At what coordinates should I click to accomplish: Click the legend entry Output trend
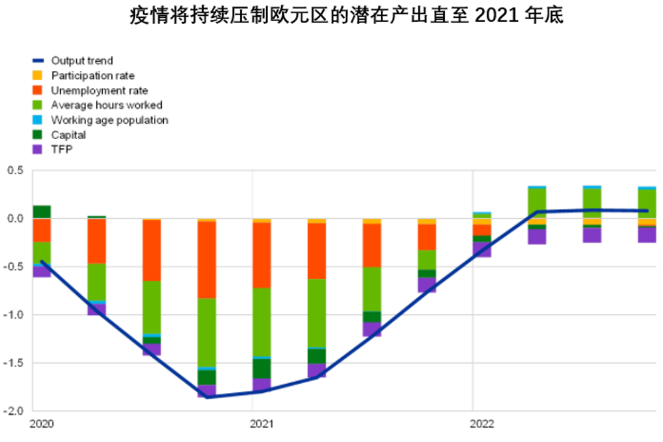tap(82, 61)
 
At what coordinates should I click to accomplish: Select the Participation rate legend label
tap(93, 76)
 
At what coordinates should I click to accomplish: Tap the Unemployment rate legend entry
tap(99, 91)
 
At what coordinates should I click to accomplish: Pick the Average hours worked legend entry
tap(106, 105)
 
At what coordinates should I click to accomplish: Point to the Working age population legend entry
tap(109, 120)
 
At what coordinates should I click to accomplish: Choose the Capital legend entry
tap(68, 135)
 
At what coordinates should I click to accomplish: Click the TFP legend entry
tap(62, 150)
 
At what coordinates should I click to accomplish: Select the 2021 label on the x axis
tap(263, 423)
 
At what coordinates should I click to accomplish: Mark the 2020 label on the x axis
tap(42, 423)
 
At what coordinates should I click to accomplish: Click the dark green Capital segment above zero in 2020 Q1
tap(42, 211)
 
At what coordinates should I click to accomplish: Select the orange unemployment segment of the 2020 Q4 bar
tap(207, 259)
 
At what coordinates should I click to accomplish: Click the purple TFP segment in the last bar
tap(647, 235)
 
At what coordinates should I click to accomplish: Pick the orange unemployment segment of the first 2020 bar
tap(42, 230)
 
